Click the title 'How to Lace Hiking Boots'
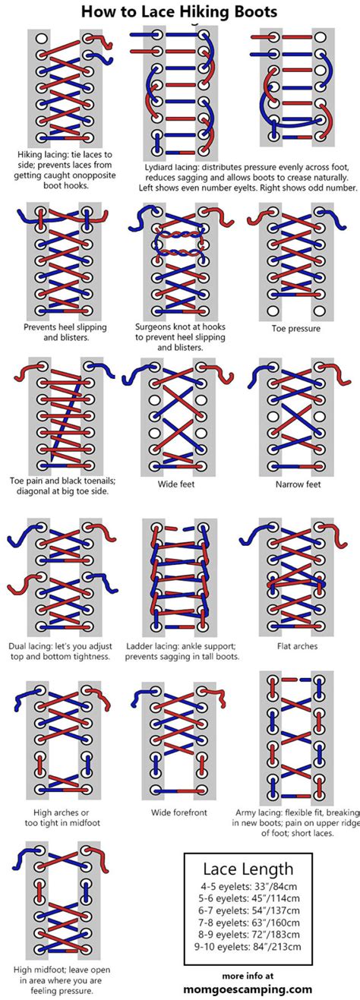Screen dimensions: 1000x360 (179, 11)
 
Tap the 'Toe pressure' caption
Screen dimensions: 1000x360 (295, 329)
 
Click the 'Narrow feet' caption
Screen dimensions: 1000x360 (295, 483)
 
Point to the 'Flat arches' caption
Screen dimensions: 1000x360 (296, 646)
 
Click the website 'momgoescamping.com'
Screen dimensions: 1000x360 (248, 989)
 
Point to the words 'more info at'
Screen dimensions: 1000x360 (248, 975)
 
